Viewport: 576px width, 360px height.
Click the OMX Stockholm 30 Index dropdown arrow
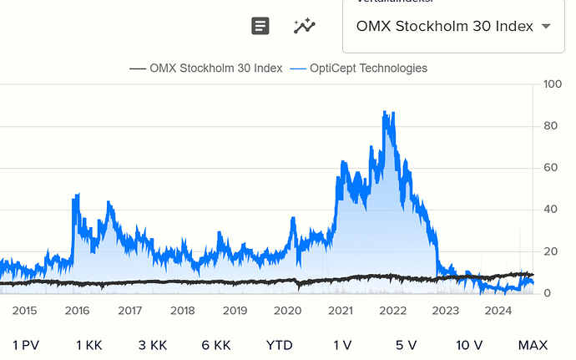(547, 26)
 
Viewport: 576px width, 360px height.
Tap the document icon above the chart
(261, 26)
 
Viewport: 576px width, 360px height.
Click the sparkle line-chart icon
(305, 26)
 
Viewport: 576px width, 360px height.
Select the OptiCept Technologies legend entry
(359, 68)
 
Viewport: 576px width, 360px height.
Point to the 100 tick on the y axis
(552, 84)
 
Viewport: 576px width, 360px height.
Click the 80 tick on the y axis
(548, 126)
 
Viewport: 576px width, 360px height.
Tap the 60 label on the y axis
(548, 168)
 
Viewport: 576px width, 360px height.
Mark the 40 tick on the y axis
(548, 210)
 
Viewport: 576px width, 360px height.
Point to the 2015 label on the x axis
(24, 311)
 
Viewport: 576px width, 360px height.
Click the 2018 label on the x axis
(182, 311)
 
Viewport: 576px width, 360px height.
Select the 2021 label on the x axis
(340, 311)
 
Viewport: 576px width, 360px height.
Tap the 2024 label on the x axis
(498, 311)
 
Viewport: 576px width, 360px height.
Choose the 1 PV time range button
(26, 344)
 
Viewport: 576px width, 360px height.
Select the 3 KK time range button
(153, 344)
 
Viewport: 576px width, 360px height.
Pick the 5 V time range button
(406, 344)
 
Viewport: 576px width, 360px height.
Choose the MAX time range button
(533, 344)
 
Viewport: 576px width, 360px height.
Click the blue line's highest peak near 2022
(383, 112)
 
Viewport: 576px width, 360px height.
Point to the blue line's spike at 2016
(77, 195)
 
